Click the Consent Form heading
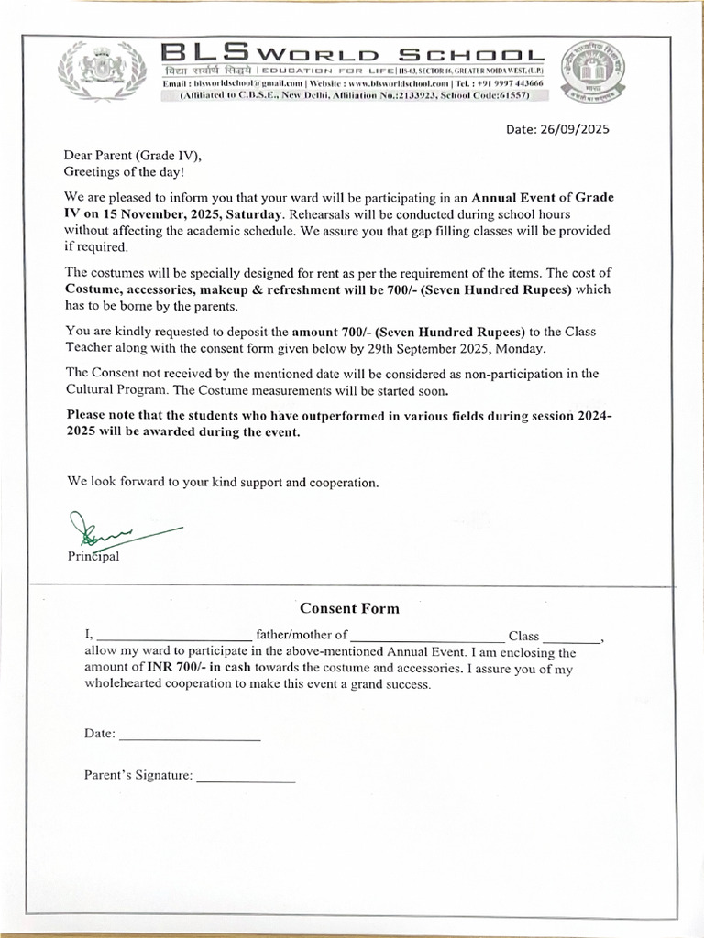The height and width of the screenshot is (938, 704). click(349, 608)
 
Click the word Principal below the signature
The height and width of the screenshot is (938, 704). click(93, 556)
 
